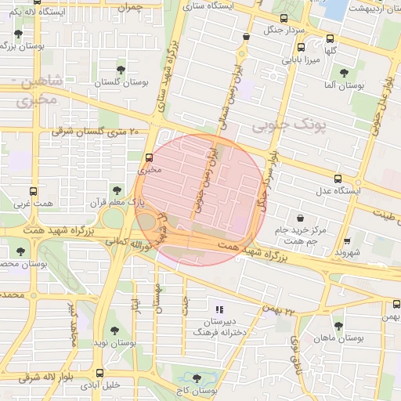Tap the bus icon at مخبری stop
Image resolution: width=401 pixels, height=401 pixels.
click(x=150, y=157)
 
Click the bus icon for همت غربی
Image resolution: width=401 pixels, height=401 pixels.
click(x=33, y=191)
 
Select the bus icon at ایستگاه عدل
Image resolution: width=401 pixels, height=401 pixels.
click(x=338, y=179)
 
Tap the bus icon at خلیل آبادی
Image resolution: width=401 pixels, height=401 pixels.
click(x=99, y=373)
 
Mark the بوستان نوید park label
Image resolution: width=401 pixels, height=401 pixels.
click(x=114, y=343)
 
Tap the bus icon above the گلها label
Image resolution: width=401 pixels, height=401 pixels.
click(x=331, y=37)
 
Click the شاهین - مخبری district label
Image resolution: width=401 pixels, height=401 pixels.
click(x=35, y=90)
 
